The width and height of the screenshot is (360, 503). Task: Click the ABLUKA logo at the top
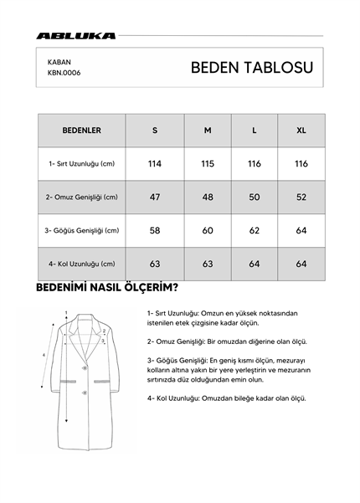click(x=76, y=36)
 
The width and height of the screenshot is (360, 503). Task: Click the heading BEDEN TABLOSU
click(x=250, y=67)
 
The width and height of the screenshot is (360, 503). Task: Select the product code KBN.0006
click(x=64, y=72)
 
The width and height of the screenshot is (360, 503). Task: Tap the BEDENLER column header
click(x=81, y=131)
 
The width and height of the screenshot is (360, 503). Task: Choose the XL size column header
click(x=301, y=131)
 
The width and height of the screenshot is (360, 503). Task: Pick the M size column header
click(x=208, y=131)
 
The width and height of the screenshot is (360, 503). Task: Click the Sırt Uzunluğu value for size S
click(x=155, y=164)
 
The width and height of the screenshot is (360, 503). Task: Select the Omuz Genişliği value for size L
click(x=255, y=198)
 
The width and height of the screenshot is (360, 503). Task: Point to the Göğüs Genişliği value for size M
click(x=208, y=230)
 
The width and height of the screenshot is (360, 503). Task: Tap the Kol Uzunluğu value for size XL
click(x=301, y=264)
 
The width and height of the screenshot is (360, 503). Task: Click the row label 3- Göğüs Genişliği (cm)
click(x=82, y=230)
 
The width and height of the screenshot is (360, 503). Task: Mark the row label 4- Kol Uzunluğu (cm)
click(x=82, y=264)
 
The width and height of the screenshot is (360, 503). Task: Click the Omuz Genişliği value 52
click(x=301, y=198)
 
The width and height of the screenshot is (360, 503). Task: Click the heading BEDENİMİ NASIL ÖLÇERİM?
click(x=105, y=290)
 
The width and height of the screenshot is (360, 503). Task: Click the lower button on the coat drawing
click(x=82, y=393)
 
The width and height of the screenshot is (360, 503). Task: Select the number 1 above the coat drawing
click(x=65, y=313)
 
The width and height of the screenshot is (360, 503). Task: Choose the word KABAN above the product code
click(x=59, y=61)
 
